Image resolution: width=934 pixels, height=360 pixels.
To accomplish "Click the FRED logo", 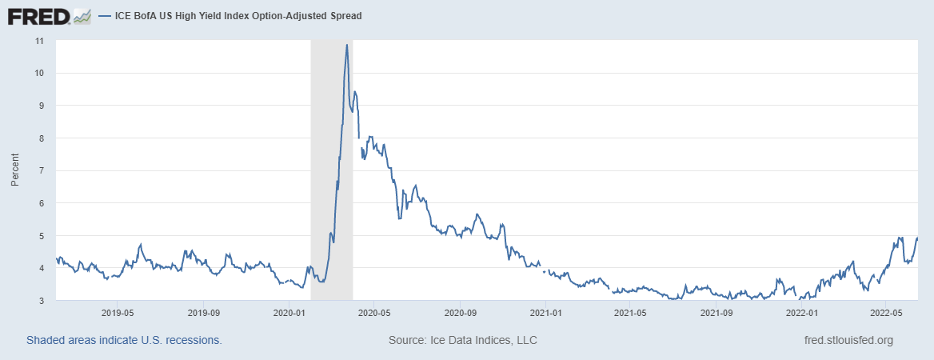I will pos(39,15).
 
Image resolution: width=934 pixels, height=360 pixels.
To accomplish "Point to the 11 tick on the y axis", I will pos(39,40).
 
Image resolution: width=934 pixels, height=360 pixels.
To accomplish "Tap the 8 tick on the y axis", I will pos(42,138).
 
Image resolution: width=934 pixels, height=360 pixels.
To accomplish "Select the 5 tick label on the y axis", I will pos(42,236).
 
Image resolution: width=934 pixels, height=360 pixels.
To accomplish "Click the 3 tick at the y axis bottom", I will pos(42,301).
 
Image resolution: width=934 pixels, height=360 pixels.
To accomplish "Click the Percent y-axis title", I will pos(15,170).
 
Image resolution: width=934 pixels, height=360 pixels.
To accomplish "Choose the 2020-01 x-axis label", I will pos(289,312).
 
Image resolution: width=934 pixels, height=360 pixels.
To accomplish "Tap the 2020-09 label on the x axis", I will pos(460,312).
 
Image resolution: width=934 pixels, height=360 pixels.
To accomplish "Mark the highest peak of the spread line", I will pos(346,45).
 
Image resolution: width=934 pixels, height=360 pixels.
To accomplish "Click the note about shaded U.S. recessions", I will pos(124,340).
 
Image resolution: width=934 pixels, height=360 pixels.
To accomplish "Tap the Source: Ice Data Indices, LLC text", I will pos(462,340).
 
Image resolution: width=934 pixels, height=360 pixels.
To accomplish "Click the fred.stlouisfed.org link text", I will pos(848,340).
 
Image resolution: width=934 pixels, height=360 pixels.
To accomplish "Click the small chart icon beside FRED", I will pos(82,15).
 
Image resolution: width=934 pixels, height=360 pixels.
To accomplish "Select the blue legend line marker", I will pos(105,16).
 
